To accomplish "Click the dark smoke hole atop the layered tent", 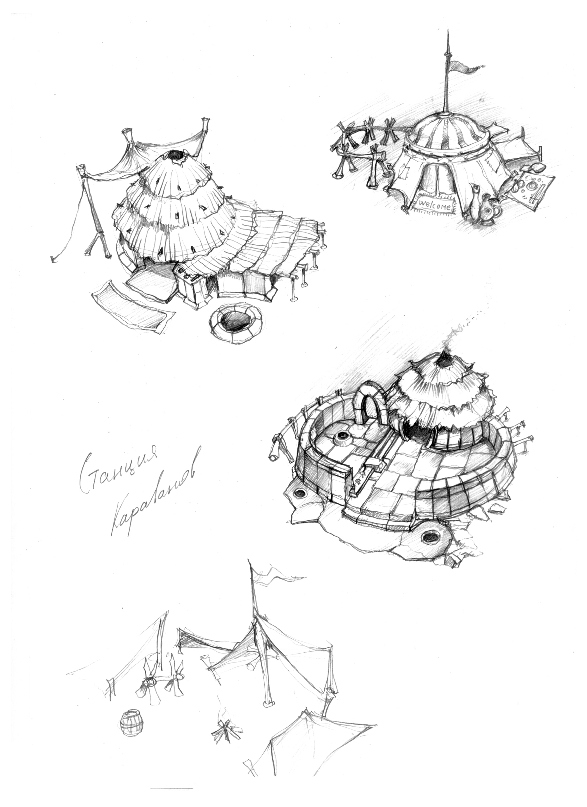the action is tap(175, 155).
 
